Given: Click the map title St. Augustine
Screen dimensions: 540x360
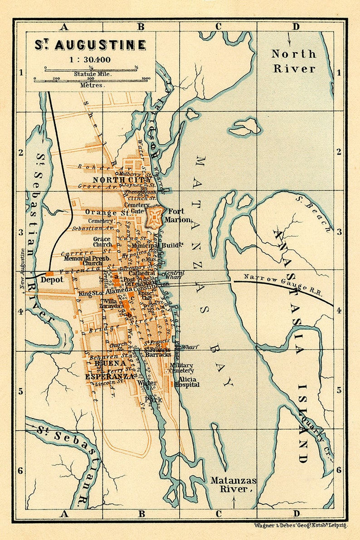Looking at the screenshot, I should click(91, 45).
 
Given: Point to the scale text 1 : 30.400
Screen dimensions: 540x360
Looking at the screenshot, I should click(91, 59).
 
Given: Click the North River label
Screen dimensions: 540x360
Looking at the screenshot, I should click(293, 61).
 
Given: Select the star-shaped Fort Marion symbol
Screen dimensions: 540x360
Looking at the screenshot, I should click(155, 217).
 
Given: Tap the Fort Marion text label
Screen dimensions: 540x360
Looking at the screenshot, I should click(177, 215).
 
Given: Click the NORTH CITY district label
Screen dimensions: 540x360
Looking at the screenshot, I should click(122, 180).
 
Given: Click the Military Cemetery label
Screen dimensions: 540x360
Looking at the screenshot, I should click(181, 368).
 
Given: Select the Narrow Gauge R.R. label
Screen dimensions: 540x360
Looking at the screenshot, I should click(282, 284).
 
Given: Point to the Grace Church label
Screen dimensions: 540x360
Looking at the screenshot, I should click(102, 242).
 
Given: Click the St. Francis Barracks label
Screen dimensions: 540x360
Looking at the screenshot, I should click(157, 351).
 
